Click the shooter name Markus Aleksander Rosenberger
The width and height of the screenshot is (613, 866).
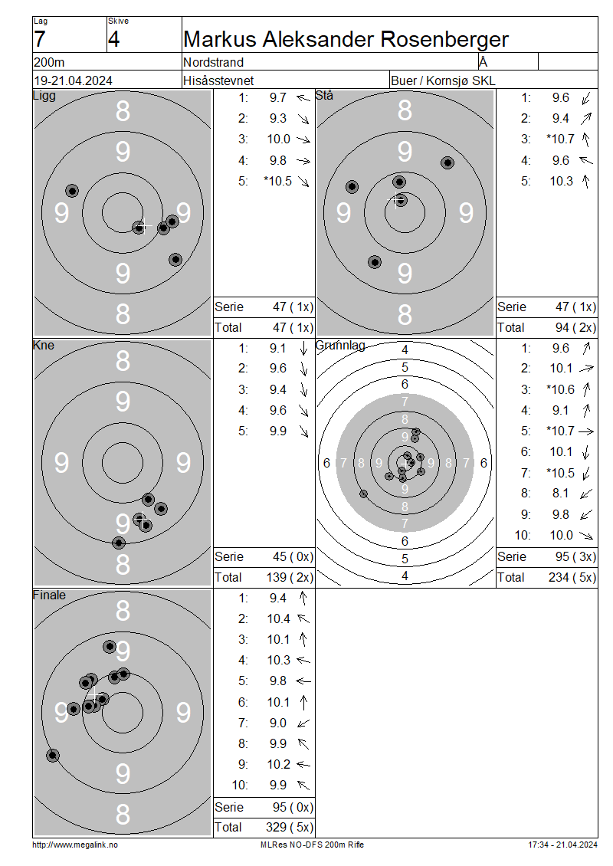tap(346, 39)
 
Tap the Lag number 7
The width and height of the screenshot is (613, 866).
tap(39, 39)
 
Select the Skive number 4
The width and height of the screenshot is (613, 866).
tap(113, 39)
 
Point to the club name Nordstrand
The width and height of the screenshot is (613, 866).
tap(213, 62)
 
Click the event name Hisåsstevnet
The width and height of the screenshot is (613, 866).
tap(218, 80)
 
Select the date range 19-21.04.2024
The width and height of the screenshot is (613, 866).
tap(73, 80)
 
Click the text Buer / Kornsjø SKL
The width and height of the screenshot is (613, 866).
tap(443, 80)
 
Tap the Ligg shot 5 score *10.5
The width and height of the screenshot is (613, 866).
tap(278, 181)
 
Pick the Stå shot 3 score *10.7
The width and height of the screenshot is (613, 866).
tap(561, 139)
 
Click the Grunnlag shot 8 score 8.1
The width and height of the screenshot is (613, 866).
tap(561, 494)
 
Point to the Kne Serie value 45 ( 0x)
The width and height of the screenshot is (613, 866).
tap(293, 556)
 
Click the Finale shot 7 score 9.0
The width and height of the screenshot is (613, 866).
tap(278, 723)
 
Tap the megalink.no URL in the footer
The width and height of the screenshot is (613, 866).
tap(75, 845)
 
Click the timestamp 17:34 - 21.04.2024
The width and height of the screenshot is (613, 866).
tap(562, 845)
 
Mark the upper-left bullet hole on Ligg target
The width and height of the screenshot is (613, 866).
tap(72, 191)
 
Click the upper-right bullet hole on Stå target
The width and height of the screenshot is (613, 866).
tap(447, 162)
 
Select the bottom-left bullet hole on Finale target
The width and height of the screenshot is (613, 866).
tap(52, 756)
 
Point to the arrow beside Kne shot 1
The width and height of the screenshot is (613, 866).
tap(303, 348)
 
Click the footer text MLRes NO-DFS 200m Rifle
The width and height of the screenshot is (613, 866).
tap(312, 845)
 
